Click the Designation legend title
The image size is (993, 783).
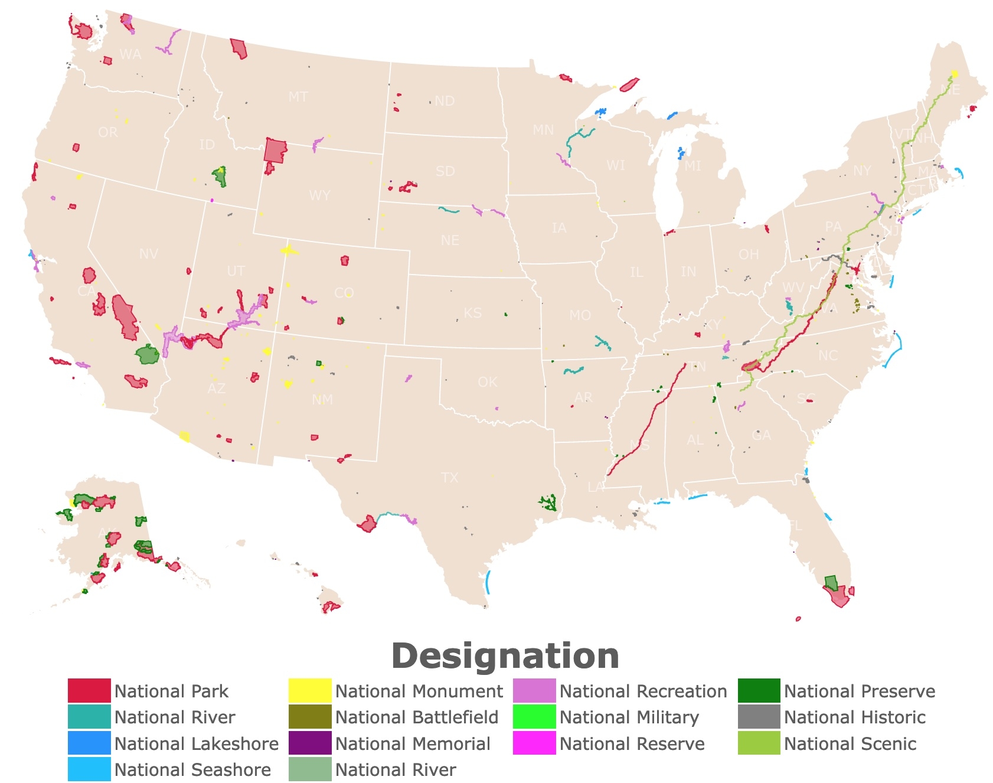coord(505,656)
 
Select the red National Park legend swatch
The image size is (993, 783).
coord(89,691)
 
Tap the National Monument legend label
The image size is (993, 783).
coord(419,691)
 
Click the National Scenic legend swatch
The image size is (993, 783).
coord(759,743)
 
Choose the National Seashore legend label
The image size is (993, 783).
coord(192,769)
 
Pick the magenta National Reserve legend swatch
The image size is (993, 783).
coord(534,743)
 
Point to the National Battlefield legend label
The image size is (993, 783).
coord(417,717)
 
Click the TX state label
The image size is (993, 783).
coord(449,477)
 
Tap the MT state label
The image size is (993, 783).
coord(298,97)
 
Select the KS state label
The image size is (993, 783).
coord(472,313)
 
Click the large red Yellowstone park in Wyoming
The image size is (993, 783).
coord(275,150)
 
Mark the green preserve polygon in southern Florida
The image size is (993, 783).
coord(831,583)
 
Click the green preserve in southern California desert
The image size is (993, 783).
coord(147,355)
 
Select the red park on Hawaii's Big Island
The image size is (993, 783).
coord(331,606)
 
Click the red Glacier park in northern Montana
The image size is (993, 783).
coord(239,48)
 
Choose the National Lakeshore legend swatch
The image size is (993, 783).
coord(89,743)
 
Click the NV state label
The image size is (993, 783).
coord(148,254)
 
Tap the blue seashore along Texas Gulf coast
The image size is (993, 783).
coord(488,582)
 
